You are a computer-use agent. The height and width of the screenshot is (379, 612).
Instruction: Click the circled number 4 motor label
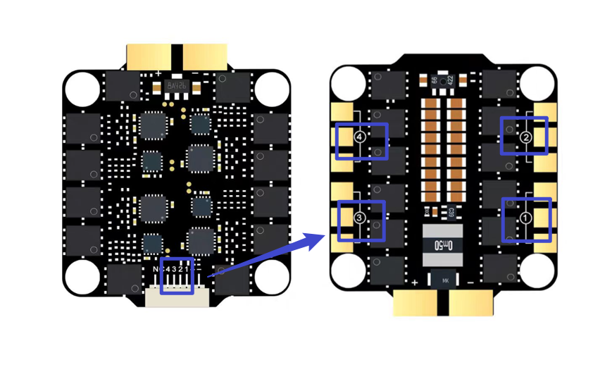coord(361,138)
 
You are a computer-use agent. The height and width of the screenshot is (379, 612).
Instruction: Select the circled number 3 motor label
coord(360,219)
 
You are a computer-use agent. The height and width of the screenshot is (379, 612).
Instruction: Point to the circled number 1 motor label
coord(525,218)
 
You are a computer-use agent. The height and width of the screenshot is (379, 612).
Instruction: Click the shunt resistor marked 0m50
coord(443,245)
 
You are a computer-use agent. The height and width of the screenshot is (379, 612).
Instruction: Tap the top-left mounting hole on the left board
coord(82,88)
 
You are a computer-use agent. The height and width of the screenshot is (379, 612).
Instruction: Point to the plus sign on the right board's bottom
coord(416,282)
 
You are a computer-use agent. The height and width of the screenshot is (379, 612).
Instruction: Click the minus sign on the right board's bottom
coord(470,282)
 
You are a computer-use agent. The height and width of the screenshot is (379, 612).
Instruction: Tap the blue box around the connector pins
coord(177,276)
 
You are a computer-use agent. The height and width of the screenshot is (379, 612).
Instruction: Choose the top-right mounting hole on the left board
coord(272,88)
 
